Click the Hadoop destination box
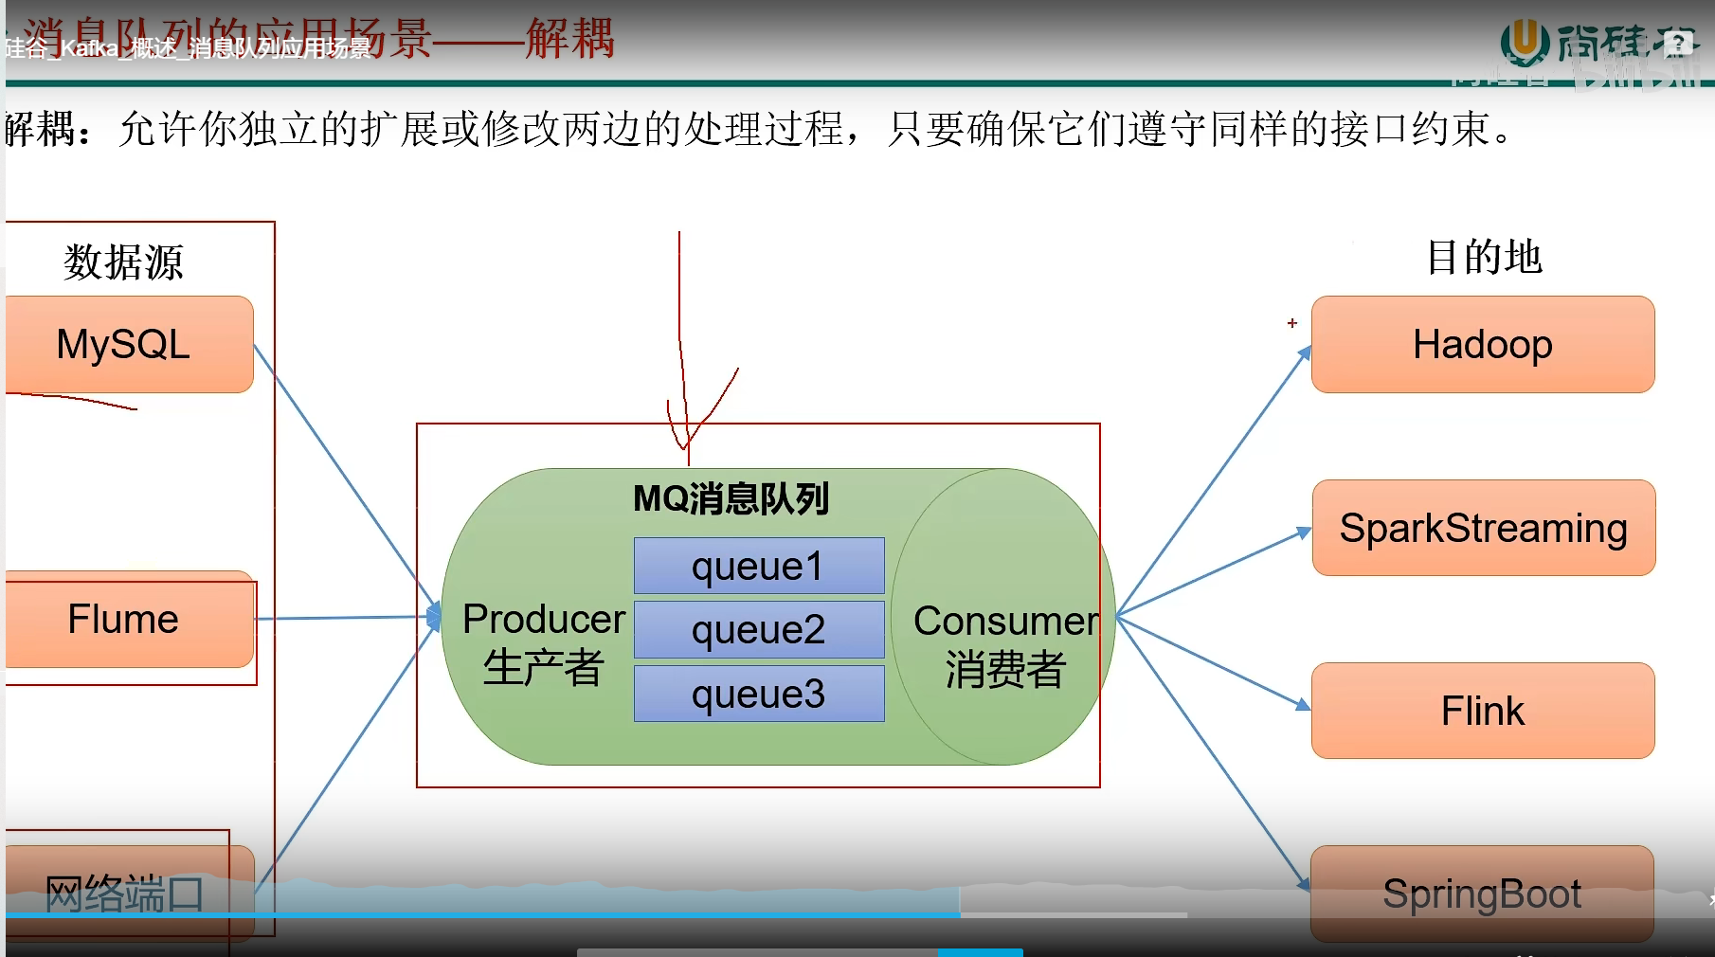click(x=1483, y=344)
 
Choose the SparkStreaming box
click(x=1483, y=528)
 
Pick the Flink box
click(x=1483, y=711)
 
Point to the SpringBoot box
click(x=1482, y=893)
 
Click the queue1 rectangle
click(x=759, y=566)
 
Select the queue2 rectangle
click(x=759, y=629)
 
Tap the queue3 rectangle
click(x=759, y=694)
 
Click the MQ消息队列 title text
click(x=731, y=498)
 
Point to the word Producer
click(x=544, y=619)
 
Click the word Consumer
click(x=1005, y=621)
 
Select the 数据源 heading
click(x=123, y=262)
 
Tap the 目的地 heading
click(x=1484, y=257)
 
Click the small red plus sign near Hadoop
click(x=1291, y=323)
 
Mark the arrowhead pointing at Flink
click(x=1304, y=705)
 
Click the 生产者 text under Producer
click(x=543, y=667)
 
